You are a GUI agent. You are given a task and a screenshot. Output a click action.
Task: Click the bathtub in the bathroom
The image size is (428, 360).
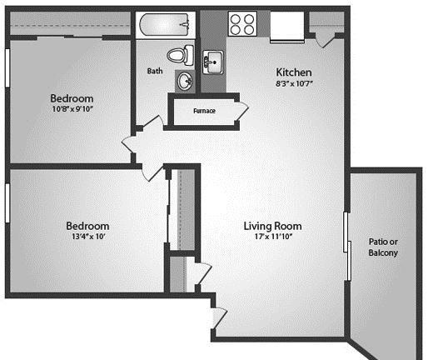tap(166, 25)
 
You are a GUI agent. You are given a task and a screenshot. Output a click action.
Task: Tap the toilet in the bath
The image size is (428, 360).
tap(181, 55)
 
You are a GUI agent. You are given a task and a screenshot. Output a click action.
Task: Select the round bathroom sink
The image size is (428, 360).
tap(185, 81)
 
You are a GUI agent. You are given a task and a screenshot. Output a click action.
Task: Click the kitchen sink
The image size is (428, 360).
tap(212, 62)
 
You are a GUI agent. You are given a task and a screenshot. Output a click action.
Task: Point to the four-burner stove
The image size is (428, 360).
tap(242, 23)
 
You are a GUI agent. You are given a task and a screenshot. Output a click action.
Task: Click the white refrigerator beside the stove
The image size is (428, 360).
tap(287, 26)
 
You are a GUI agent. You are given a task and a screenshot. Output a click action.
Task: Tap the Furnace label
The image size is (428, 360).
tap(204, 111)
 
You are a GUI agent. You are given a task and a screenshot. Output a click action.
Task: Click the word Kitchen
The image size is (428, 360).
tap(294, 72)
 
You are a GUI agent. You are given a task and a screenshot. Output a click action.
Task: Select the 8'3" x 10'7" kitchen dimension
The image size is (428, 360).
tap(294, 83)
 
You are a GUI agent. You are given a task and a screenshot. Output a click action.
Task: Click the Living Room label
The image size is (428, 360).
tap(272, 226)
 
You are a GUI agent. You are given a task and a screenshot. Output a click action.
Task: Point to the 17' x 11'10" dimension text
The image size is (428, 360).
tap(273, 237)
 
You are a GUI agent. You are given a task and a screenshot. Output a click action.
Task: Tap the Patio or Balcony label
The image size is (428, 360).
tap(383, 247)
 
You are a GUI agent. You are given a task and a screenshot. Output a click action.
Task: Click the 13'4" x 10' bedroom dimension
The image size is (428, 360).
tap(88, 237)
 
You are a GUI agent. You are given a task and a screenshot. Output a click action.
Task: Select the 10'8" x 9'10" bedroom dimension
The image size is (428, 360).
tap(72, 109)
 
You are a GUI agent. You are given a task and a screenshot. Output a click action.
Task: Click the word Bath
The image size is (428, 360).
tap(155, 71)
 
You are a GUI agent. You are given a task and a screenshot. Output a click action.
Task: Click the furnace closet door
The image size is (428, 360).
tap(241, 112)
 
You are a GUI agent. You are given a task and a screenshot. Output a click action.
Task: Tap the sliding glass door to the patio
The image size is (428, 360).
tap(347, 246)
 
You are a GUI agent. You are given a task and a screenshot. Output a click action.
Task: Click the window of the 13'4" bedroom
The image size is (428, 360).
tap(7, 202)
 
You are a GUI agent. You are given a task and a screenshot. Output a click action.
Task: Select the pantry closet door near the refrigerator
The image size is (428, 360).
tap(326, 41)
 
